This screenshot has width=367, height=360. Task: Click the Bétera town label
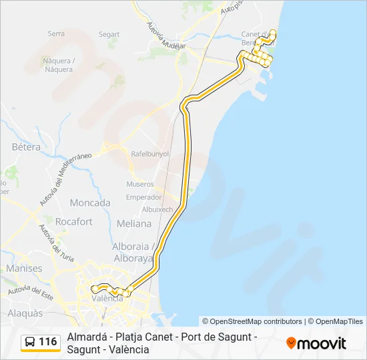click(26, 147)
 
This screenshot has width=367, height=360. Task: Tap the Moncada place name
click(90, 203)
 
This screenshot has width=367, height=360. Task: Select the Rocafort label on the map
click(74, 222)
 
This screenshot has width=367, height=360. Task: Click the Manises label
click(24, 268)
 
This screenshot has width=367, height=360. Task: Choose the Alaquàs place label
click(25, 313)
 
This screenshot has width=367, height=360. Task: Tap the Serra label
click(56, 33)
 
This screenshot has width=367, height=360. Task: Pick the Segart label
click(109, 35)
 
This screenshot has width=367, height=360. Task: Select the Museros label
click(140, 184)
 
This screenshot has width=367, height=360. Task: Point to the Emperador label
click(144, 197)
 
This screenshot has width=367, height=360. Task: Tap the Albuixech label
click(157, 209)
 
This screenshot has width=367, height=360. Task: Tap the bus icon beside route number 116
click(31, 342)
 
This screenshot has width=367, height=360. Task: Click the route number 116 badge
click(47, 342)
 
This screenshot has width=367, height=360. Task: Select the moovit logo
click(316, 343)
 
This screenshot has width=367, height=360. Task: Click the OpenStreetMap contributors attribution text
click(252, 321)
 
